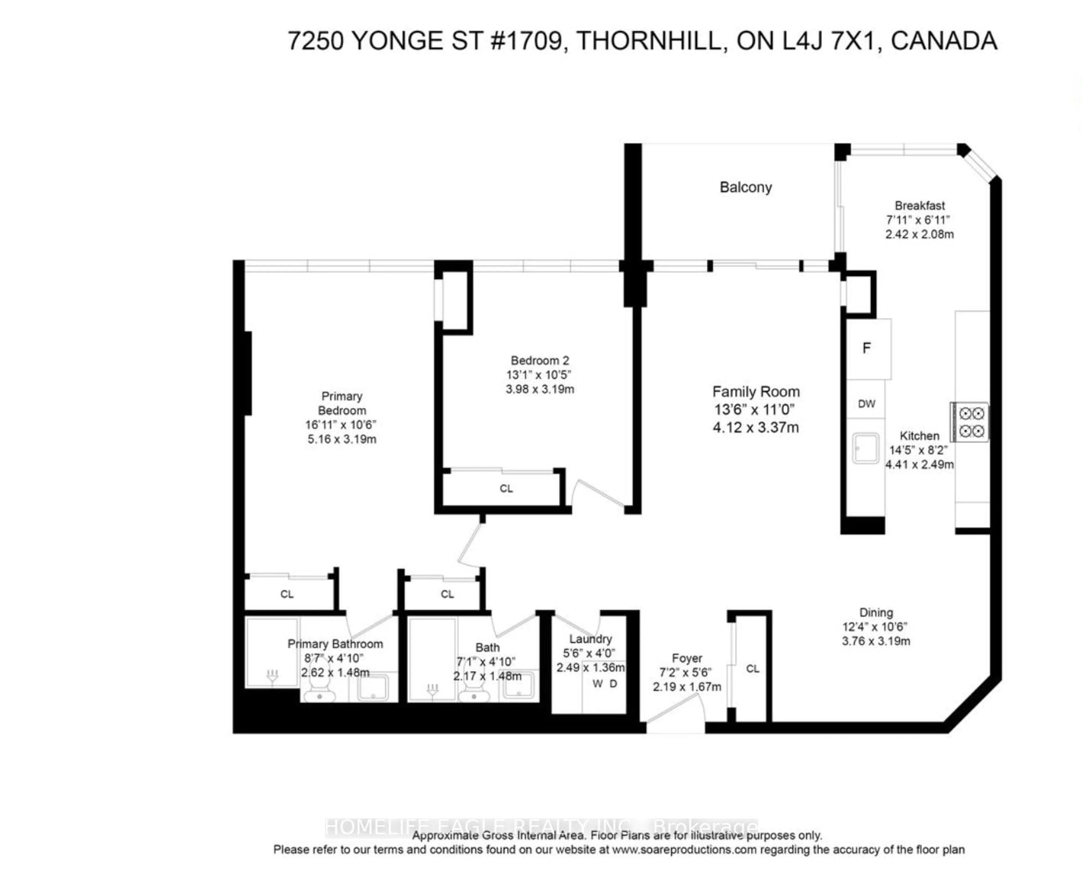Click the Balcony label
coord(745,187)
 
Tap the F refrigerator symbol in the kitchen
coord(866,348)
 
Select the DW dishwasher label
coord(866,404)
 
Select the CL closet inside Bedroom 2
coord(506,488)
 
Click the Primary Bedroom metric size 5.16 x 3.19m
coord(342,439)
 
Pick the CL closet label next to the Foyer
coord(752,669)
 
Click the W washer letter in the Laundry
coord(598,684)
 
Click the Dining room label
coord(876,613)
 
